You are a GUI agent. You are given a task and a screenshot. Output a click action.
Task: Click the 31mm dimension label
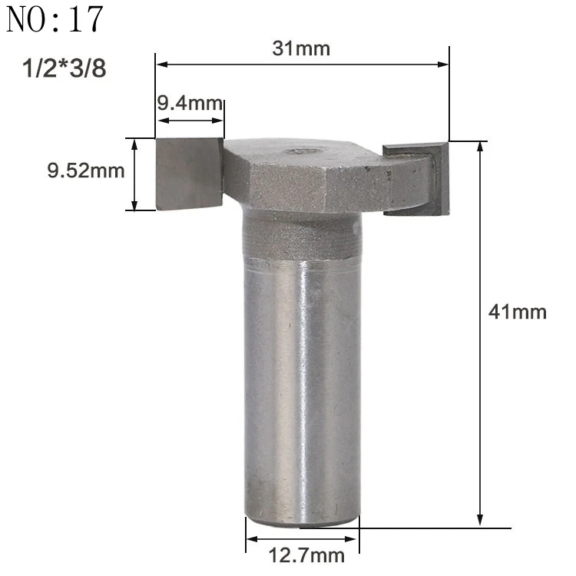301,48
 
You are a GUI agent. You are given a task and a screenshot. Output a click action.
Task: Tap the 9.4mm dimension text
190,103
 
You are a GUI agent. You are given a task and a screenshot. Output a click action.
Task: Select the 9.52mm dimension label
86,170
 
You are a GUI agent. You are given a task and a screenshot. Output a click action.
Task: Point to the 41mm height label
517,313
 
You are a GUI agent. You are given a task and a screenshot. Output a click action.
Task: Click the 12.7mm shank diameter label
306,555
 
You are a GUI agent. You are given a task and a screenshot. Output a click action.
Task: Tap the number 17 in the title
85,19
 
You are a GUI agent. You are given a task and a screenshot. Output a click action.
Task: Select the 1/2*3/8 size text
65,68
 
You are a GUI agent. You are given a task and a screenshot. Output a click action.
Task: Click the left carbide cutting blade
189,174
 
